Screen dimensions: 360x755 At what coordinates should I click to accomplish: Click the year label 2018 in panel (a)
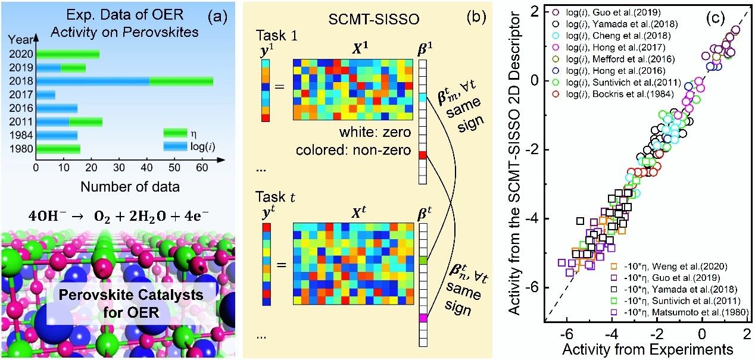pos(21,81)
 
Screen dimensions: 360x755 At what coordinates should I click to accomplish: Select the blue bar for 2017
pos(46,95)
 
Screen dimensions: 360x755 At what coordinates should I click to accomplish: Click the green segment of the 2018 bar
pos(181,81)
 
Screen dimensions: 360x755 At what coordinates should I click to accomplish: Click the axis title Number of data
pos(130,187)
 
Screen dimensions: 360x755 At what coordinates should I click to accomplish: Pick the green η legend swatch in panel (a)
pos(175,133)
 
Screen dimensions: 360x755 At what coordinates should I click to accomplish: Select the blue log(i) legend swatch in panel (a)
pos(175,145)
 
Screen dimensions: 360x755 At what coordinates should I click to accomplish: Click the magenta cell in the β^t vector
pos(423,318)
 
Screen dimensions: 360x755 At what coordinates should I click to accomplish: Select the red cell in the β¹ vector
pos(423,155)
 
